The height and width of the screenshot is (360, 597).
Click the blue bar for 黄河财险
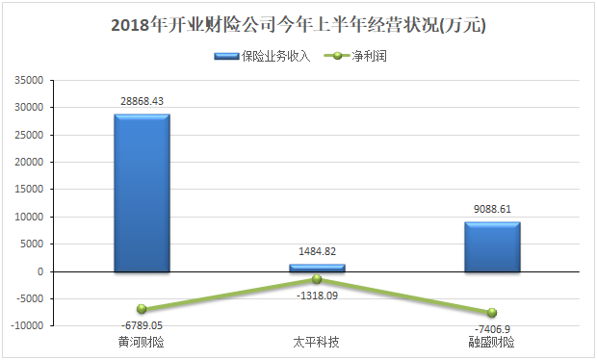[x=142, y=193]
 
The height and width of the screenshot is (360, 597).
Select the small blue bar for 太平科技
[x=317, y=268]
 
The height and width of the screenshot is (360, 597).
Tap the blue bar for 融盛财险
[x=492, y=247]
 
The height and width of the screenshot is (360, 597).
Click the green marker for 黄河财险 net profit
[x=142, y=309]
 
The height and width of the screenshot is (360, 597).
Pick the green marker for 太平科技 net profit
[x=317, y=279]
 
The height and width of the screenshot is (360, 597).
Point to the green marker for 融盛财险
[x=492, y=313]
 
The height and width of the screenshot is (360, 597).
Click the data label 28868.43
[x=142, y=101]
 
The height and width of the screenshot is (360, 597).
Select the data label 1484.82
[x=317, y=251]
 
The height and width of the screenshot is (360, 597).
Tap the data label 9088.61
[x=492, y=209]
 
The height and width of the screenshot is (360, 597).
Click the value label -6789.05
[x=142, y=325]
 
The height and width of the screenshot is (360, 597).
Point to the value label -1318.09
[x=317, y=296]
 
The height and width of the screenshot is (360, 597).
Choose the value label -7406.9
[x=492, y=329]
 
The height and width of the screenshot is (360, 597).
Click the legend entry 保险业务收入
[x=262, y=57]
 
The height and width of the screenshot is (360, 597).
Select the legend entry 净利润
[x=355, y=57]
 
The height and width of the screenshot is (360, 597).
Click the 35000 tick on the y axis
[x=29, y=80]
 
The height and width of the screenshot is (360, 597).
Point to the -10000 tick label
[x=27, y=325]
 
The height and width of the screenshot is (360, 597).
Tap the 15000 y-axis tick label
[x=29, y=189]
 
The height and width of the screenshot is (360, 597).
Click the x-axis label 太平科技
[x=316, y=342]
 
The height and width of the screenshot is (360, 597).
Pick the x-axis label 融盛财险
[x=491, y=342]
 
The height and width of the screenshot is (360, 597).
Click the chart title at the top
[x=298, y=25]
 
